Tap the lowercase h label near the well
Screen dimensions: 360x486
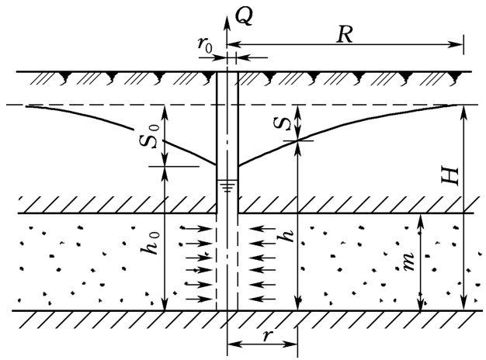point(287,237)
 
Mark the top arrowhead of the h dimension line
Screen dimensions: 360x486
point(298,144)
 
